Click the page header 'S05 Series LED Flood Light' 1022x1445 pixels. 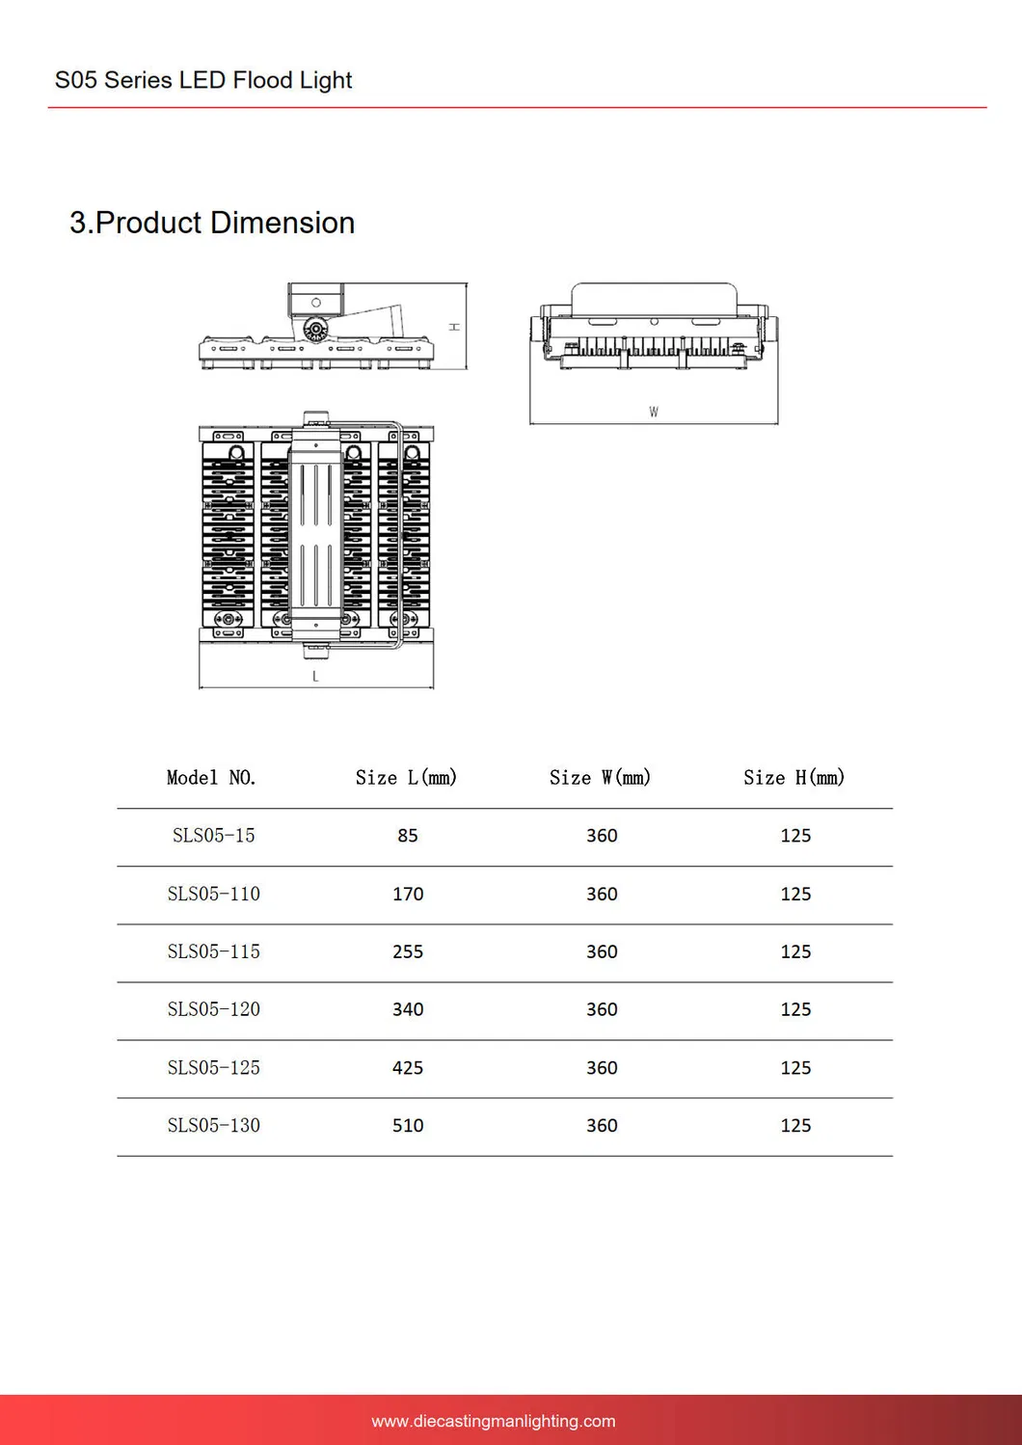pyautogui.click(x=203, y=80)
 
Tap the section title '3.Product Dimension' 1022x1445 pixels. pyautogui.click(x=212, y=223)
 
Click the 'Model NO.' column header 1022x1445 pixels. pyautogui.click(x=211, y=778)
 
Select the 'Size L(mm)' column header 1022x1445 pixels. pyautogui.click(x=406, y=778)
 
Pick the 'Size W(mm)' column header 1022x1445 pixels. pyautogui.click(x=600, y=778)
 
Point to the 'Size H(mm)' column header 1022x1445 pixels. pyautogui.click(x=793, y=778)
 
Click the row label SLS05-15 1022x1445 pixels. pyautogui.click(x=213, y=836)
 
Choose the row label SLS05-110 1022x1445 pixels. pyautogui.click(x=213, y=894)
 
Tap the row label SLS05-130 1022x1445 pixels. pyautogui.click(x=213, y=1125)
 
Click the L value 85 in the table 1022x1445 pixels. pyautogui.click(x=408, y=836)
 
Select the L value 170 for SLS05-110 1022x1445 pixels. pyautogui.click(x=408, y=894)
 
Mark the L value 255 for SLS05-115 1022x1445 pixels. pyautogui.click(x=408, y=951)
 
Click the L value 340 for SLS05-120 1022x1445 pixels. pyautogui.click(x=408, y=1009)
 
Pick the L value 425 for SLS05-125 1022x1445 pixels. pyautogui.click(x=408, y=1068)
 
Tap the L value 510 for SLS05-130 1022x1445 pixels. pyautogui.click(x=408, y=1125)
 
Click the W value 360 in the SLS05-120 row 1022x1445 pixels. pyautogui.click(x=602, y=1009)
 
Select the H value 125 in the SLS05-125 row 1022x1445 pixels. pyautogui.click(x=795, y=1068)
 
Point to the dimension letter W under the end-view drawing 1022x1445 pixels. pyautogui.click(x=654, y=413)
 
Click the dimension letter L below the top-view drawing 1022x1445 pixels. pyautogui.click(x=315, y=677)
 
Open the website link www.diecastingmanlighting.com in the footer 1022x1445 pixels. pyautogui.click(x=493, y=1421)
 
